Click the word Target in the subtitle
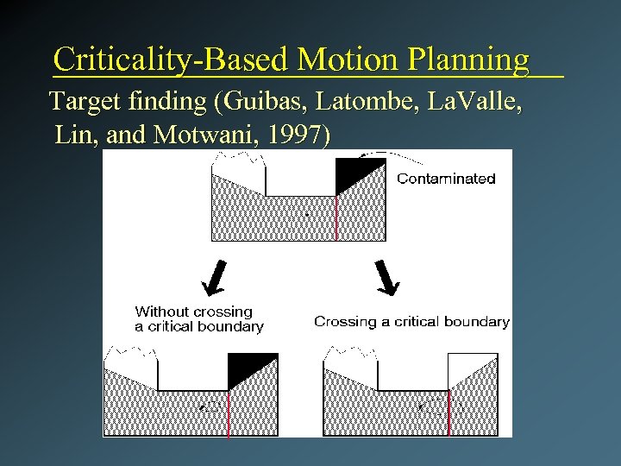(85, 102)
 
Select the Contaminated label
(446, 179)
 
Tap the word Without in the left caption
(161, 312)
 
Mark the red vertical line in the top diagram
(336, 216)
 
